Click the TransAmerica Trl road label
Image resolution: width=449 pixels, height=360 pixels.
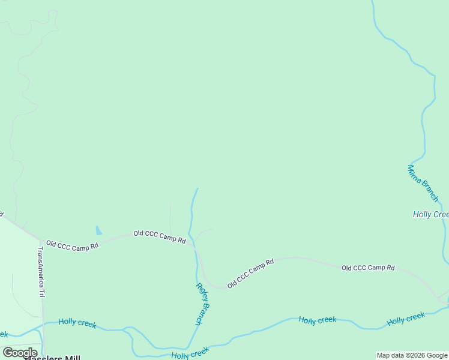(41, 272)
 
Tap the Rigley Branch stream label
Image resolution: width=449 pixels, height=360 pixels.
(203, 304)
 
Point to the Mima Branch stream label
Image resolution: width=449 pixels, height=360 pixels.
(423, 183)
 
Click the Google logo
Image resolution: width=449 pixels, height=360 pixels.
(20, 353)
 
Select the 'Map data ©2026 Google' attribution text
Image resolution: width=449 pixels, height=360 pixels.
(412, 355)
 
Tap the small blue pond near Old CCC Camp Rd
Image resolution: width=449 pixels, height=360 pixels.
(98, 231)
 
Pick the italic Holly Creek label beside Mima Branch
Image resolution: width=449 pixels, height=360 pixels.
(430, 214)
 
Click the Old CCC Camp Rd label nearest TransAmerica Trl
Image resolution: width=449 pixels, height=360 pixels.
(72, 246)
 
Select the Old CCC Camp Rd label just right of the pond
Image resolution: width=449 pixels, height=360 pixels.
(159, 236)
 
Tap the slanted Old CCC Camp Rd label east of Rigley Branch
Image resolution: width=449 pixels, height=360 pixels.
(250, 273)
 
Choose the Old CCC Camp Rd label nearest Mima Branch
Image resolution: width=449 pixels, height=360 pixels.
(368, 268)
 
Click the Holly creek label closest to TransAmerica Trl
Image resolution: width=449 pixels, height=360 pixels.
(77, 323)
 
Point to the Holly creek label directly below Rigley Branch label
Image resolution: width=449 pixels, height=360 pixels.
(190, 352)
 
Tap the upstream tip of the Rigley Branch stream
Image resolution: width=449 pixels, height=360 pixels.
(197, 188)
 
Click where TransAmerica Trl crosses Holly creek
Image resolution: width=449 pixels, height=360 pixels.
(43, 324)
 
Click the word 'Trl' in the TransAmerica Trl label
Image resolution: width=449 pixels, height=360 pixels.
(42, 292)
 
